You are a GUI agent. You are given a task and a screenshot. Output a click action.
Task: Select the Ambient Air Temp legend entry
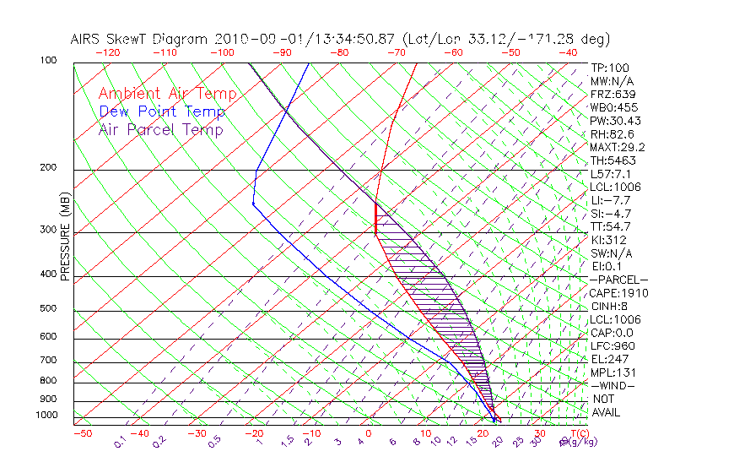click(x=168, y=95)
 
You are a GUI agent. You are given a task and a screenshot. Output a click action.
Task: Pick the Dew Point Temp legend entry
click(x=162, y=112)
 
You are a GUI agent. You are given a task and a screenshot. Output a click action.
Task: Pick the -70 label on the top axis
click(x=395, y=52)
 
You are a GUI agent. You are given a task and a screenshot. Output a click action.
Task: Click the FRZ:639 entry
click(x=610, y=94)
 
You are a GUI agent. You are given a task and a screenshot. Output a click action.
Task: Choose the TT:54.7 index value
click(x=609, y=226)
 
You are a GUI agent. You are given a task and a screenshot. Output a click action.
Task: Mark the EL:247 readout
click(x=607, y=359)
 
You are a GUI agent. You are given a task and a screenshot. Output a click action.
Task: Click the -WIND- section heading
click(x=613, y=385)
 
